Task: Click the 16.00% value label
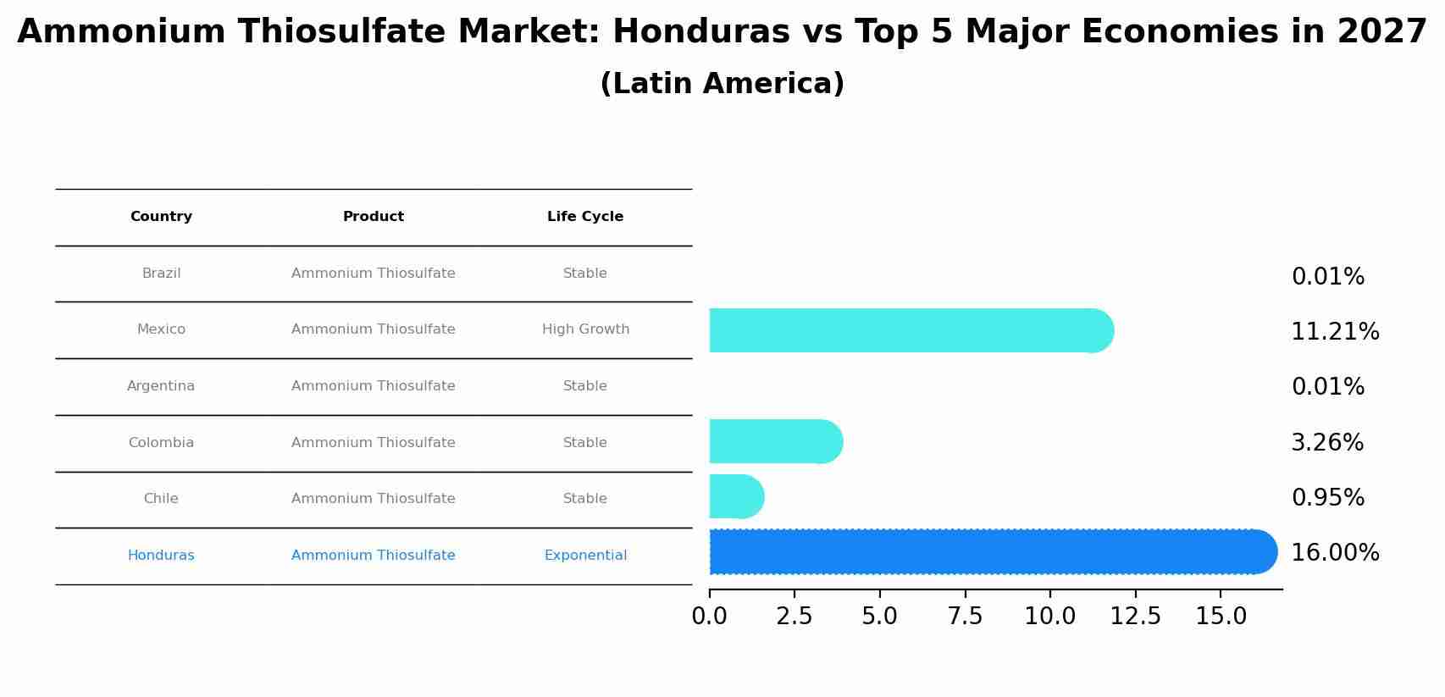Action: (x=1335, y=553)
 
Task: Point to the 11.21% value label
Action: (x=1335, y=332)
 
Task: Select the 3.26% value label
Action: (x=1327, y=443)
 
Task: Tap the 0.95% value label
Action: (x=1327, y=498)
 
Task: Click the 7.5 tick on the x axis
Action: (x=965, y=617)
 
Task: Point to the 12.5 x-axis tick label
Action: (x=1135, y=617)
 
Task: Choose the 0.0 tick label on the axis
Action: (x=709, y=617)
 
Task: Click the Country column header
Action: (x=161, y=217)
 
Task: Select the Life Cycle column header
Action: (x=585, y=217)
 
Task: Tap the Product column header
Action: (x=373, y=217)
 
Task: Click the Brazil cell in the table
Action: (x=161, y=274)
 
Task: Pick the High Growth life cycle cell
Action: (x=585, y=329)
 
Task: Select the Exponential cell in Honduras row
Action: (x=585, y=556)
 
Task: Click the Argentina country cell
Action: (x=161, y=386)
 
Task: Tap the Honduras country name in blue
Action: (x=161, y=556)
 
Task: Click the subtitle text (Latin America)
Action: (x=722, y=84)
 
